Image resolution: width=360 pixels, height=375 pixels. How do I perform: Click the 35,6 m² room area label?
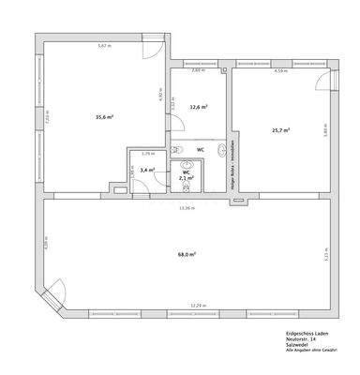104,117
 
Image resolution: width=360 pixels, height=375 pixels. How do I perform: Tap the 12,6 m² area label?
198,107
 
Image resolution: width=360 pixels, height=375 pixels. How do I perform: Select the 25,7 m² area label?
280,130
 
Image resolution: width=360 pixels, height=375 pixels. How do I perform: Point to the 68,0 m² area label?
187,254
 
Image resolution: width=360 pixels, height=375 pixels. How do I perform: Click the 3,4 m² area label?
146,170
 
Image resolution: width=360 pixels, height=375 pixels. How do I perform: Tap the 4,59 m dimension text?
279,70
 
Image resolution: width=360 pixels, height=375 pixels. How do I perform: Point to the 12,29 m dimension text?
197,306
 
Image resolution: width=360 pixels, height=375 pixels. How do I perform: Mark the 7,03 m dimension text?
46,118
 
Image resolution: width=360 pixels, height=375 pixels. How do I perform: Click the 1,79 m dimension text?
146,153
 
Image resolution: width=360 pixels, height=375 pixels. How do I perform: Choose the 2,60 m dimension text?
198,70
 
